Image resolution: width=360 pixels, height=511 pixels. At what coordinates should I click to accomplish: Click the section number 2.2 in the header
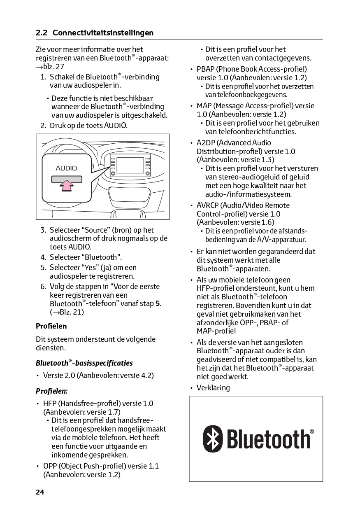pos(42,33)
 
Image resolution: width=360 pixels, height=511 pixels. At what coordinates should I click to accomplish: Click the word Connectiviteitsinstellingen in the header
pos(103,33)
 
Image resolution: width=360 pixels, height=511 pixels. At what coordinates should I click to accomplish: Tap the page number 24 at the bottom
pos(40,492)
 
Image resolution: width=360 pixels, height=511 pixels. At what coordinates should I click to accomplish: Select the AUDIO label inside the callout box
pos(66,168)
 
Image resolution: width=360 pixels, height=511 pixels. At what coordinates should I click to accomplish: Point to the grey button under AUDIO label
pos(66,179)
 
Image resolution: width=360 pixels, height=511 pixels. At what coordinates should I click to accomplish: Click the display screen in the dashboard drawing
pos(130,166)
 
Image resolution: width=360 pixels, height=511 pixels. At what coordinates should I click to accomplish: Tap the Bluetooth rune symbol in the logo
pos(213,439)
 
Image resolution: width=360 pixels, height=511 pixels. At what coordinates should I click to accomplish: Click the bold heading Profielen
pos(51,326)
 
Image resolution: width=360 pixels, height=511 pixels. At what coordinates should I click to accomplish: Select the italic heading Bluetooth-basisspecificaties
pos(84,363)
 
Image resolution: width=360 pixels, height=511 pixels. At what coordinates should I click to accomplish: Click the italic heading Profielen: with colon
pos(51,391)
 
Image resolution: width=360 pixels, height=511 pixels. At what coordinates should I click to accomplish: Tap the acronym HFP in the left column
pos(50,404)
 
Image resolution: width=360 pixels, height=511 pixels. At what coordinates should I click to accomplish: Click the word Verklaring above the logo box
pos(213,388)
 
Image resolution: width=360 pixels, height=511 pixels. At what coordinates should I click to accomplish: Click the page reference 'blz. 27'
pos(51,66)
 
